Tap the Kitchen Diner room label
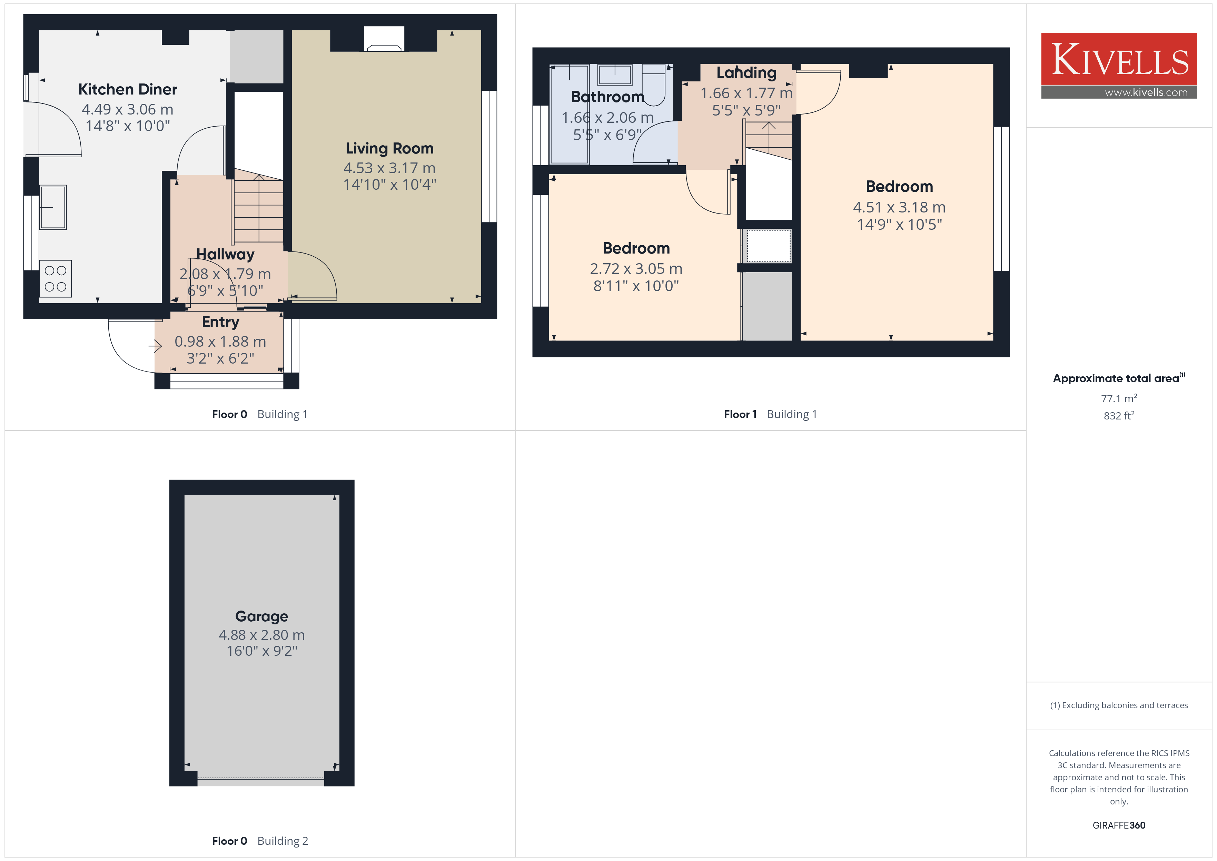[x=128, y=89]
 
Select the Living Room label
[x=389, y=148]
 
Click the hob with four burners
[x=56, y=278]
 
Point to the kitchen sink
[x=53, y=207]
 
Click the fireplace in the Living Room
[x=384, y=39]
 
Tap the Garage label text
[x=262, y=616]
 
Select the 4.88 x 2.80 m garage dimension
[x=262, y=635]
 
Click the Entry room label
[x=220, y=322]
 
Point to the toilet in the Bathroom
[x=653, y=85]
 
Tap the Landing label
[x=746, y=73]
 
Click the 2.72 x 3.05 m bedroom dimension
[x=636, y=269]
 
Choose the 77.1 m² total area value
[x=1119, y=398]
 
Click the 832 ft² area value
[x=1119, y=416]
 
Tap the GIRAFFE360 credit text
[x=1119, y=825]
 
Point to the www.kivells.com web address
[x=1146, y=92]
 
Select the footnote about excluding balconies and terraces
[x=1119, y=705]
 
